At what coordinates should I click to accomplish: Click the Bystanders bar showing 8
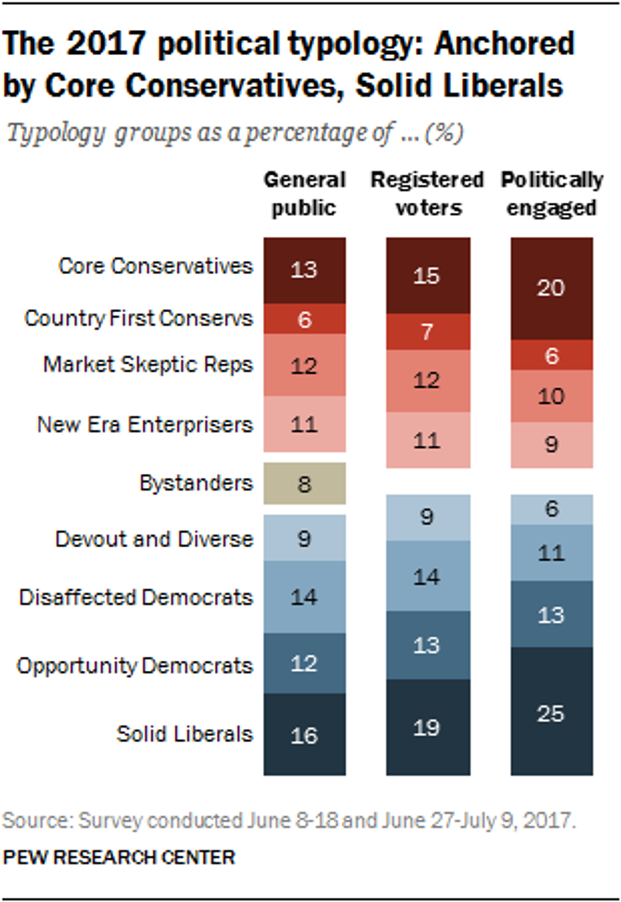[x=304, y=483]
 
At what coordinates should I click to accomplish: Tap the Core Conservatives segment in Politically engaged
[x=551, y=288]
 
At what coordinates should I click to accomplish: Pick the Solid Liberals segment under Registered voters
[x=428, y=727]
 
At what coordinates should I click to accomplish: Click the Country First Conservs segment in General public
[x=304, y=319]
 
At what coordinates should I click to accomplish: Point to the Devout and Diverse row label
[x=154, y=539]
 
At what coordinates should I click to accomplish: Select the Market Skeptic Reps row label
[x=148, y=365]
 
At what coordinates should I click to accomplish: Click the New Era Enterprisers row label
[x=144, y=424]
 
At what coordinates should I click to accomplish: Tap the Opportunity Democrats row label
[x=134, y=666]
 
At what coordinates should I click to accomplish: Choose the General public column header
[x=304, y=194]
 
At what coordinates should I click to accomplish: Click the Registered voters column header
[x=428, y=194]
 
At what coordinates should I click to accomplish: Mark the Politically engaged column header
[x=551, y=194]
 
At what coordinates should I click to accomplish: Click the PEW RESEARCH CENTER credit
[x=119, y=858]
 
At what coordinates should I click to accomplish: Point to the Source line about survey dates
[x=289, y=821]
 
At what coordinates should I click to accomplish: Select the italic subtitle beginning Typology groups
[x=234, y=133]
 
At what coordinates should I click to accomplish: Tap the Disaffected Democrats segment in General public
[x=304, y=597]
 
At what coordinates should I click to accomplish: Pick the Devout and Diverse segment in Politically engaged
[x=551, y=509]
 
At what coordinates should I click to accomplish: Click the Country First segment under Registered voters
[x=428, y=331]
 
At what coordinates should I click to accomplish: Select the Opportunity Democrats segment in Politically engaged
[x=551, y=614]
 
